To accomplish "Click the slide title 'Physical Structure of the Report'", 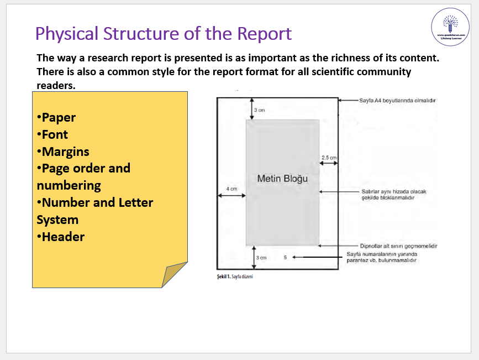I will tap(163, 34).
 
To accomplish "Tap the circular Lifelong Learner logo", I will tap(450, 27).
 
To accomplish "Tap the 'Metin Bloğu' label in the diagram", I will tap(282, 179).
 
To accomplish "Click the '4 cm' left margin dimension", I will tap(231, 189).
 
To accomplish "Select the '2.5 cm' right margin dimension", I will tap(329, 158).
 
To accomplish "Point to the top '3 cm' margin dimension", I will tap(259, 110).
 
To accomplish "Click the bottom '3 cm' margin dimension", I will tap(261, 258).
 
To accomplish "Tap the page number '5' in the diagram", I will tap(285, 257).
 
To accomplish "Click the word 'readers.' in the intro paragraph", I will tap(55, 85).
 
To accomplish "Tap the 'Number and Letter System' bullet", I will tap(94, 211).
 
